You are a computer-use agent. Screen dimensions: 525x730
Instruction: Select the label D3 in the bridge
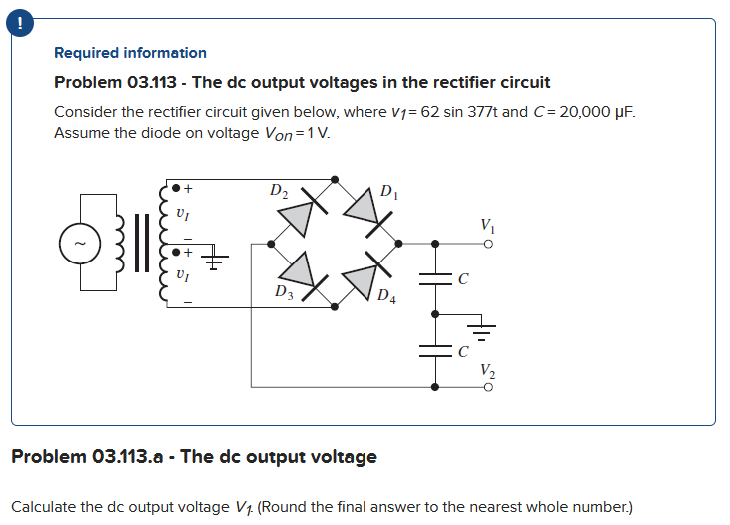coord(284,292)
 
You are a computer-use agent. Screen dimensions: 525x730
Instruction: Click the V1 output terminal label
coord(486,225)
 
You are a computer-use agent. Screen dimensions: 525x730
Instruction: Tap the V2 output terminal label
coord(486,369)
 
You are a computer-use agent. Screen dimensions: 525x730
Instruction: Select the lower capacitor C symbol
coord(436,350)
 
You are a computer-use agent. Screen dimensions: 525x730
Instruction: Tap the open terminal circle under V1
coord(487,243)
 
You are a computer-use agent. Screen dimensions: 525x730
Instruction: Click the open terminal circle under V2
coord(487,386)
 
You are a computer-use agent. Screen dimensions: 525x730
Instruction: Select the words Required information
coord(130,53)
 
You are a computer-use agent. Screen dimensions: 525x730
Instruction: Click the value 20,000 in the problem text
coord(582,111)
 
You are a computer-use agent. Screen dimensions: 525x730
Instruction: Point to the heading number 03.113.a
coord(132,457)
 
